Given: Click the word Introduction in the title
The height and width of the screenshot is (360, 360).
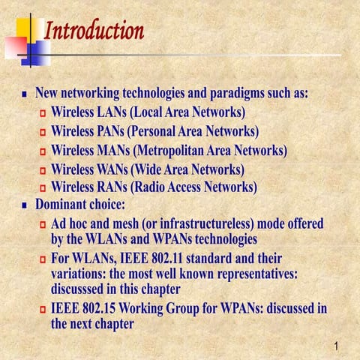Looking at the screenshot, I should pos(94,31).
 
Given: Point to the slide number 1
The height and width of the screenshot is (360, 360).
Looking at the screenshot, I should pos(338,346).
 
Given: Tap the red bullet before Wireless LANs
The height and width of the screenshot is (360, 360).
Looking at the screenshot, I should pos(43,114).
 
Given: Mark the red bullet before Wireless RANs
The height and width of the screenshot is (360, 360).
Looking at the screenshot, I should pos(43,187).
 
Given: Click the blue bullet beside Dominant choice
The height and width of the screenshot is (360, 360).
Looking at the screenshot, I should pos(25,205).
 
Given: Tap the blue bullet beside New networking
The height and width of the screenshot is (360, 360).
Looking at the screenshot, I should pos(25,96).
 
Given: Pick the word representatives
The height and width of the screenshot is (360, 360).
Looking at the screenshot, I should pos(249,274).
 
